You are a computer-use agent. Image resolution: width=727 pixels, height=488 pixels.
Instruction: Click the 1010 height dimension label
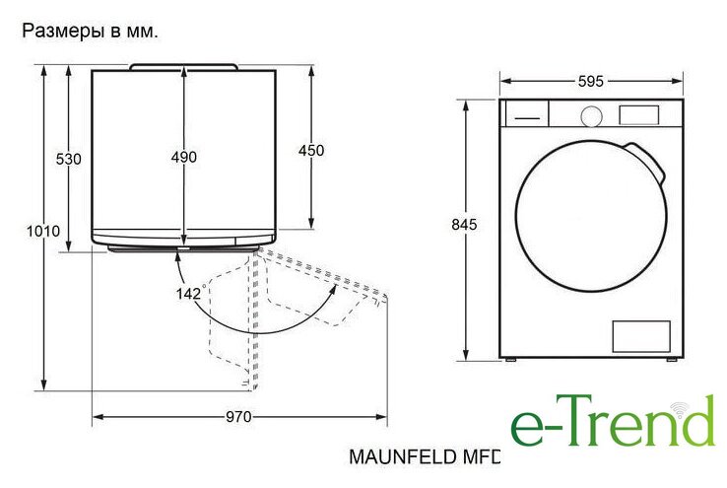point(43,231)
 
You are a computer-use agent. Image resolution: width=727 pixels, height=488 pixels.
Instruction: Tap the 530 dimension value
point(69,159)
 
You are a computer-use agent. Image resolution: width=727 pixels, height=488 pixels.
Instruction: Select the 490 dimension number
point(184,157)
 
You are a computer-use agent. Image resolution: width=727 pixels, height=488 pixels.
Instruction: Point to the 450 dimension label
point(311,150)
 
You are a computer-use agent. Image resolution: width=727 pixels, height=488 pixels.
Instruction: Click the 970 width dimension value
point(238,417)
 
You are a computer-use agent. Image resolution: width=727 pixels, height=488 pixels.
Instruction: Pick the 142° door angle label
point(189,293)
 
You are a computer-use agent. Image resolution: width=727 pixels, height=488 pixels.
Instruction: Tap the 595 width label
point(591,81)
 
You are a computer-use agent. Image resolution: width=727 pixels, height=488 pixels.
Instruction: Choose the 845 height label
point(464,224)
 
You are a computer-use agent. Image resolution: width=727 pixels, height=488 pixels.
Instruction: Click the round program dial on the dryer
point(592,116)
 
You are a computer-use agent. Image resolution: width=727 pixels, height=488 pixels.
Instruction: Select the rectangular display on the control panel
point(639,115)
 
